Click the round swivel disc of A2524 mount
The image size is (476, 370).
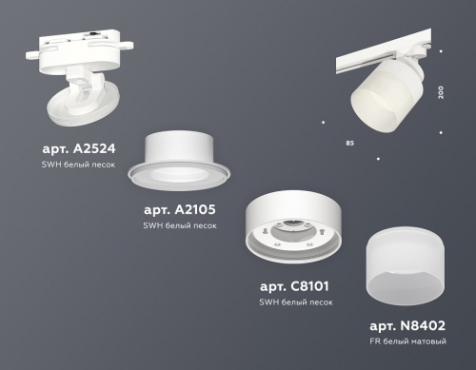coord(76,103)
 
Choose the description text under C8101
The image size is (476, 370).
coord(295,302)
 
